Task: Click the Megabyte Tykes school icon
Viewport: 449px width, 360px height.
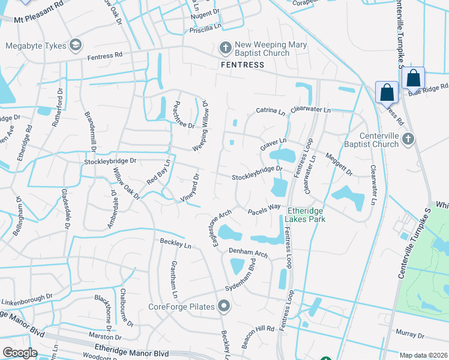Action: [x=75, y=45]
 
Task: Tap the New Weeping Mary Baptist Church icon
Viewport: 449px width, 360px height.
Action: [x=225, y=47]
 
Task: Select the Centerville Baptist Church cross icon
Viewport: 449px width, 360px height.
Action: [x=408, y=140]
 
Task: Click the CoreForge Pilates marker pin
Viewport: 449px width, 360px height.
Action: [x=224, y=307]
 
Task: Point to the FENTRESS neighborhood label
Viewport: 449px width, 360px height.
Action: [x=243, y=65]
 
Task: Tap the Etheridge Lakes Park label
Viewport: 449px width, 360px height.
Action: [x=306, y=215]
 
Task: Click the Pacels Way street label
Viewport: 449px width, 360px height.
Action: [x=264, y=208]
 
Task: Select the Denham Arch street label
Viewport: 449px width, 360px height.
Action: [x=247, y=254]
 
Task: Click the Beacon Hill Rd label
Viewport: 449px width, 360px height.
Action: [x=259, y=329]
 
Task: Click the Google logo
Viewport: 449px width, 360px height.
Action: [x=20, y=353]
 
